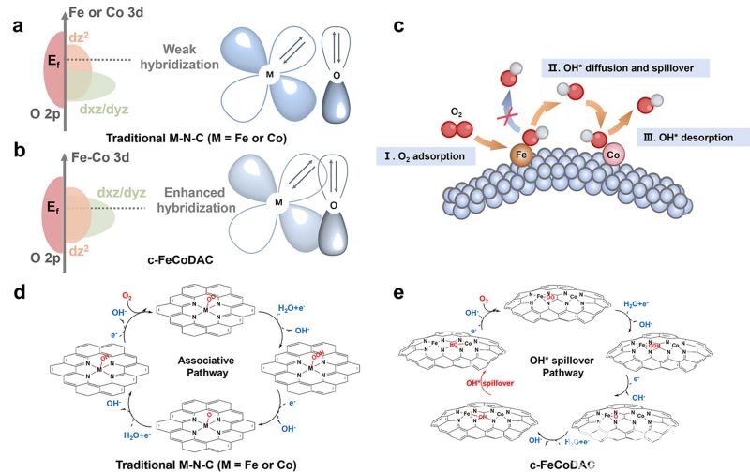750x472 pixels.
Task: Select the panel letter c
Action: tap(398, 26)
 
